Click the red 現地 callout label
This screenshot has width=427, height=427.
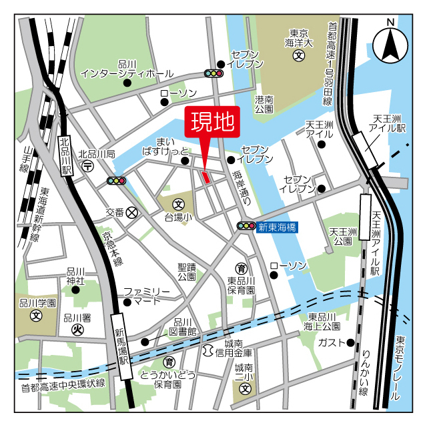point(213,123)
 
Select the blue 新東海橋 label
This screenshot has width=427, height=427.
point(278,227)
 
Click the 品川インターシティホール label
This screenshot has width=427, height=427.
point(127,69)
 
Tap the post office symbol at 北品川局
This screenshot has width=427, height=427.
point(88,167)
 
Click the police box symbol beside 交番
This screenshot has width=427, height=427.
point(132,212)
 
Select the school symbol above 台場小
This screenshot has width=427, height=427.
point(179,204)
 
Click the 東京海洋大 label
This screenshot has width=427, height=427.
point(298,39)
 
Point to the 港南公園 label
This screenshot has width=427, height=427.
point(264,103)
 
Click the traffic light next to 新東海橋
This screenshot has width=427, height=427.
point(246,227)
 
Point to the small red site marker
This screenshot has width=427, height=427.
point(205,177)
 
